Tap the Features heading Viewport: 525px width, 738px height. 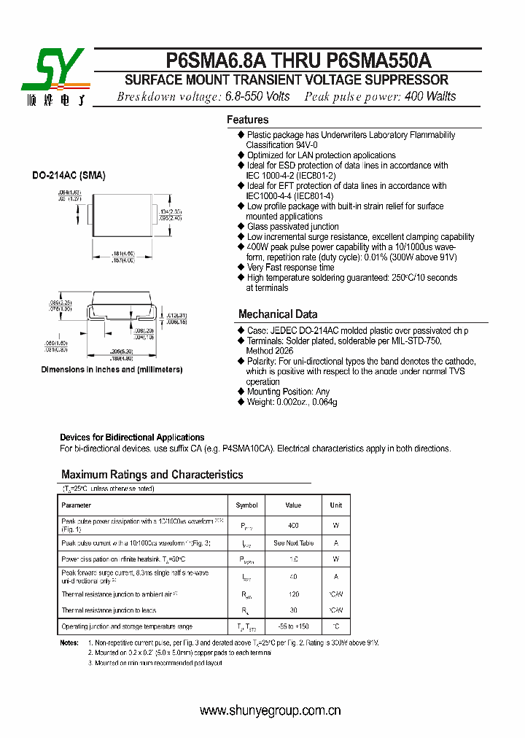point(247,120)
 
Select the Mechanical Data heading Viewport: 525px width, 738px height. point(278,314)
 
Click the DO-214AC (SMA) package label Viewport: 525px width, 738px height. point(69,176)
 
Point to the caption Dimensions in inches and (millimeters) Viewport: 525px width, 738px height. point(112,370)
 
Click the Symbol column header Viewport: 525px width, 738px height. point(246,505)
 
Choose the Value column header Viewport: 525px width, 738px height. point(293,505)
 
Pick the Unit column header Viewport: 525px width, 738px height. point(335,505)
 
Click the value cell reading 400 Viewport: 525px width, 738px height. point(293,525)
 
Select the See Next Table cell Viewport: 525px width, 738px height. point(293,543)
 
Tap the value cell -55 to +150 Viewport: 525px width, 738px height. point(293,627)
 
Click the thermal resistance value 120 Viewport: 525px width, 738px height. point(293,594)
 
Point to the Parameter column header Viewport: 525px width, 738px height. point(77,505)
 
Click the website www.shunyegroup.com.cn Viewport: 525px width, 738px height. point(271,710)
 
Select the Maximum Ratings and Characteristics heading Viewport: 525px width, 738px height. point(152,475)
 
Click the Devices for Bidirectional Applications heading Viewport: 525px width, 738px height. point(132,438)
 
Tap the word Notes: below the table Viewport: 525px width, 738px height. point(69,642)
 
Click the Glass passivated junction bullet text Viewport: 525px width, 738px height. point(292,227)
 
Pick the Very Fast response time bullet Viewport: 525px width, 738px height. point(290,268)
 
